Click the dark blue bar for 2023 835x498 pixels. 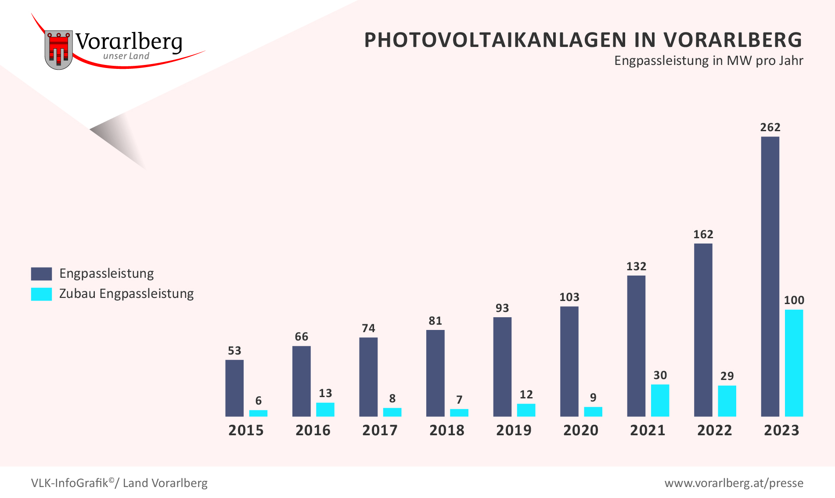click(770, 276)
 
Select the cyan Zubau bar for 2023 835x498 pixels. click(794, 363)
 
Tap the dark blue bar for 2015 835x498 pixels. click(234, 388)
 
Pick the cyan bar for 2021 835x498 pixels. click(660, 400)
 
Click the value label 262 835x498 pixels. click(770, 127)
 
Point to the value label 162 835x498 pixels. click(703, 234)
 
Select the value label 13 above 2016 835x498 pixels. click(325, 393)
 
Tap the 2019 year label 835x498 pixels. click(514, 430)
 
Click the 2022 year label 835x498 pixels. click(714, 430)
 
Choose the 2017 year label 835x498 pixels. click(380, 430)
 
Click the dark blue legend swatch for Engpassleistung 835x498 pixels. click(41, 274)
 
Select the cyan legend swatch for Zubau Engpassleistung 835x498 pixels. click(41, 294)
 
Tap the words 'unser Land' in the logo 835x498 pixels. click(126, 56)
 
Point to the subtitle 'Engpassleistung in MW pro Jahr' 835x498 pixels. click(708, 61)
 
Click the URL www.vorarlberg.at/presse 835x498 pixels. click(734, 483)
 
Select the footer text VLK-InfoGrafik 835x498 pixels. click(69, 483)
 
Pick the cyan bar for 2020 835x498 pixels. click(593, 411)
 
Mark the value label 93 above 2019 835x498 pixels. click(502, 308)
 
